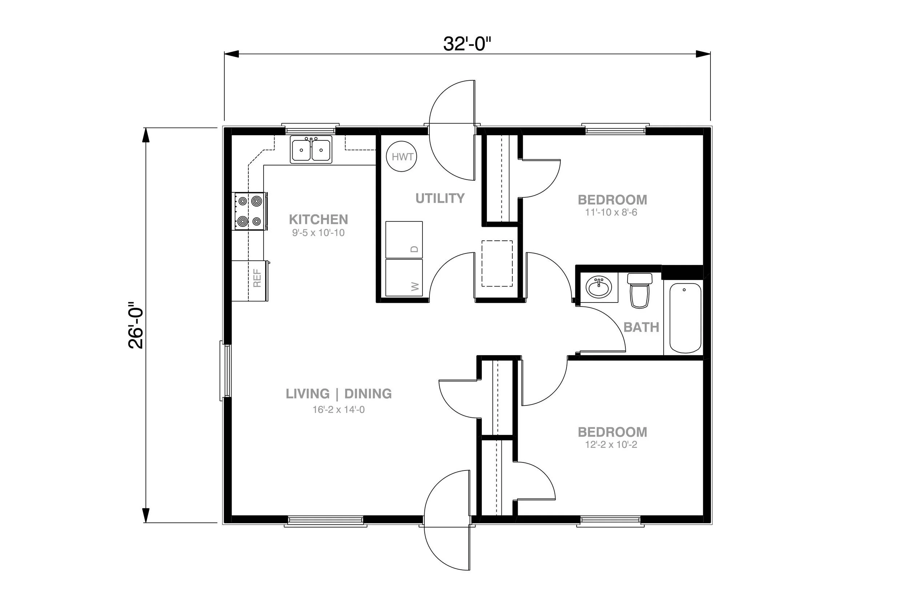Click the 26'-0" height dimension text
pos(136,325)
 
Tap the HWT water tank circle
pos(402,156)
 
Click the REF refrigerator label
pos(257,278)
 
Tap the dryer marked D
pos(404,239)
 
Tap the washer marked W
pos(404,278)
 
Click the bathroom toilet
pos(639,290)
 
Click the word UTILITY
pos(440,198)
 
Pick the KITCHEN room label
pos(318,220)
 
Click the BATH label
pos(641,327)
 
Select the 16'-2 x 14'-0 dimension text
pos(339,409)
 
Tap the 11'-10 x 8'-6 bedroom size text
pos(611,212)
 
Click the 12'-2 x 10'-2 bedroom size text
pos(611,445)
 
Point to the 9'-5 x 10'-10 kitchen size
pos(318,233)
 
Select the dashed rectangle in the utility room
pos(497,264)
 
